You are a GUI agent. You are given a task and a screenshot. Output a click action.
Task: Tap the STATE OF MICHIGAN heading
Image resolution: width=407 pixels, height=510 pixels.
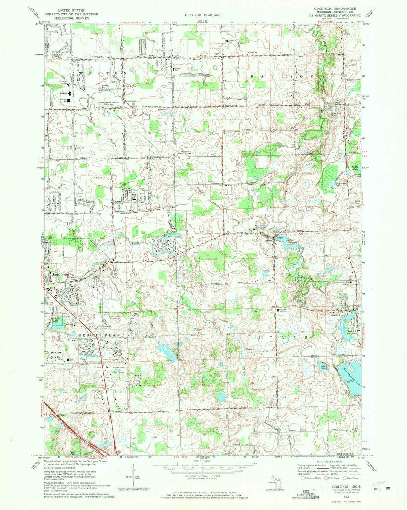203,15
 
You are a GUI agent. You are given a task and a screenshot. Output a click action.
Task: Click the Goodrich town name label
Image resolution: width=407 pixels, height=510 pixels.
336,315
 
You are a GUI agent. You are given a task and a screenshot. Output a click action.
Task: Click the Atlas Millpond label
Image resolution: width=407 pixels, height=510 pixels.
293,242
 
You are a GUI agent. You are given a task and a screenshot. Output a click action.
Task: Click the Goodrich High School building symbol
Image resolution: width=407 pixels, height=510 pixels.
274,310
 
